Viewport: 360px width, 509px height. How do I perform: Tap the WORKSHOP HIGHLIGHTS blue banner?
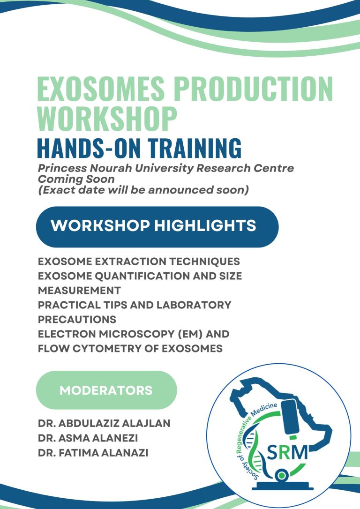tap(157, 226)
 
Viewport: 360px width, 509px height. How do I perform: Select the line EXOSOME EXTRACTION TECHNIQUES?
tap(139, 262)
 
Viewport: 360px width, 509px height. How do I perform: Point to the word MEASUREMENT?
tap(79, 291)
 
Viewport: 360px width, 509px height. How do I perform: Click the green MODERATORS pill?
tap(106, 390)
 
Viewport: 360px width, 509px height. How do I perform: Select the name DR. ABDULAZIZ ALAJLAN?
tap(104, 424)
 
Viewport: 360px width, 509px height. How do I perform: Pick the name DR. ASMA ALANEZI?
tap(91, 438)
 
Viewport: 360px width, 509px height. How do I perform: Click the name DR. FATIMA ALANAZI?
tap(94, 453)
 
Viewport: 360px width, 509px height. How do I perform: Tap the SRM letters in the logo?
tap(287, 452)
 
